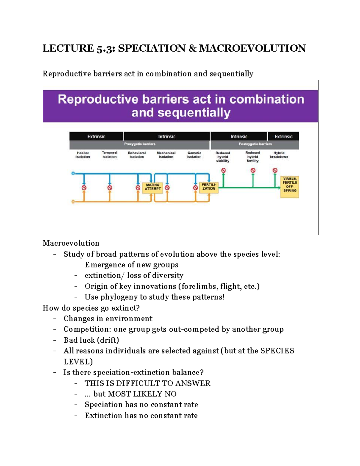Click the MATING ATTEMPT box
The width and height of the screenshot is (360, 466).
(x=153, y=187)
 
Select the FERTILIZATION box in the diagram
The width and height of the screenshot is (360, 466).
(x=208, y=187)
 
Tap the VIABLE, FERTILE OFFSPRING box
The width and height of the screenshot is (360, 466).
(x=289, y=187)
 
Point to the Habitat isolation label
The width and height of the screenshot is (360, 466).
(x=82, y=155)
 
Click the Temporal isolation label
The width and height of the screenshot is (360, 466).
(x=109, y=155)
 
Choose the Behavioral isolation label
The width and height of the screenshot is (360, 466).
(x=136, y=155)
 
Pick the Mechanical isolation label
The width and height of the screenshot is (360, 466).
(x=166, y=155)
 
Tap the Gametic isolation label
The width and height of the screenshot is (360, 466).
(x=194, y=155)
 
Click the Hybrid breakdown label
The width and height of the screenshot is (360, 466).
(x=279, y=155)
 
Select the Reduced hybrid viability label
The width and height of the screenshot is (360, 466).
(x=223, y=157)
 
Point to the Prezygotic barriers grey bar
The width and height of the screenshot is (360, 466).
(x=140, y=144)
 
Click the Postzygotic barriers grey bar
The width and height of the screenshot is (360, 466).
(x=255, y=144)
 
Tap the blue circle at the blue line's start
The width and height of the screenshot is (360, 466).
(x=73, y=173)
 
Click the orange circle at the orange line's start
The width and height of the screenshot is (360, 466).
(x=73, y=202)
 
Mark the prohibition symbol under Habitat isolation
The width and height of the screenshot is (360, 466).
(x=84, y=188)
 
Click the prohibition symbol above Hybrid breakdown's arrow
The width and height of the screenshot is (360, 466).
(x=275, y=170)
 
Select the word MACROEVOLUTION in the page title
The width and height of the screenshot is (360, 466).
(x=252, y=48)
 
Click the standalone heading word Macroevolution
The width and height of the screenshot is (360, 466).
(x=71, y=243)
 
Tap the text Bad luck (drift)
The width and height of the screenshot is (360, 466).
(x=91, y=340)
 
